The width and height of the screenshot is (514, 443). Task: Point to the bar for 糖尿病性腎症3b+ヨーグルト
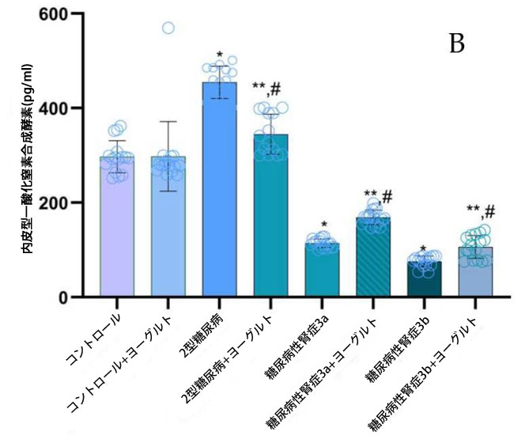[x=477, y=273]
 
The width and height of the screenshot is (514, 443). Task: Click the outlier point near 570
[x=168, y=28]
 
